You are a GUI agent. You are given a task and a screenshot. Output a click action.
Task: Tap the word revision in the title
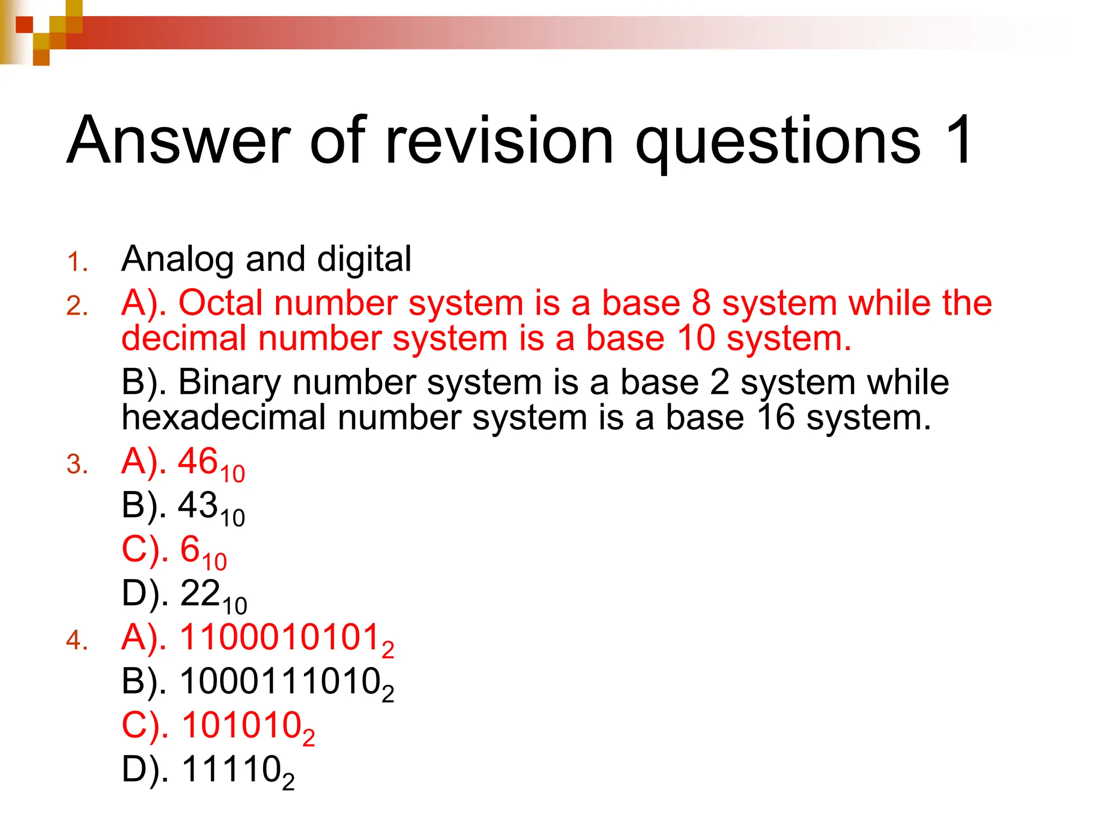click(499, 140)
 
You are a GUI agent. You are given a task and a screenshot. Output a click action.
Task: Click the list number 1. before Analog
click(77, 262)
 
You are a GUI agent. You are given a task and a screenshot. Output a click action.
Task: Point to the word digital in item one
click(364, 259)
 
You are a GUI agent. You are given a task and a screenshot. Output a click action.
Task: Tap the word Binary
click(229, 382)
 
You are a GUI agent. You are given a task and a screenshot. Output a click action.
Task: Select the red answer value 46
click(198, 461)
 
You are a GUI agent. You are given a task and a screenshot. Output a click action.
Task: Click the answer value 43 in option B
click(198, 505)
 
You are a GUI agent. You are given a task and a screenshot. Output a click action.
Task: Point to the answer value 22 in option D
click(200, 594)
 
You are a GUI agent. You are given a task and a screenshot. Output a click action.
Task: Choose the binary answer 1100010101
click(280, 638)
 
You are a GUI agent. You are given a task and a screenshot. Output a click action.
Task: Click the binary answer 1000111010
click(280, 682)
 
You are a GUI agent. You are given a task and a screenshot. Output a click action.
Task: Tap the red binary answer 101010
click(241, 726)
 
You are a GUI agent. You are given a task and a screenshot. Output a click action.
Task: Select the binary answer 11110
click(231, 770)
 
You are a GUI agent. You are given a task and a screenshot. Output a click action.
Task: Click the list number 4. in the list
click(77, 641)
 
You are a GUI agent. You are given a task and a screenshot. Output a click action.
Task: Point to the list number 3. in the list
click(77, 465)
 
